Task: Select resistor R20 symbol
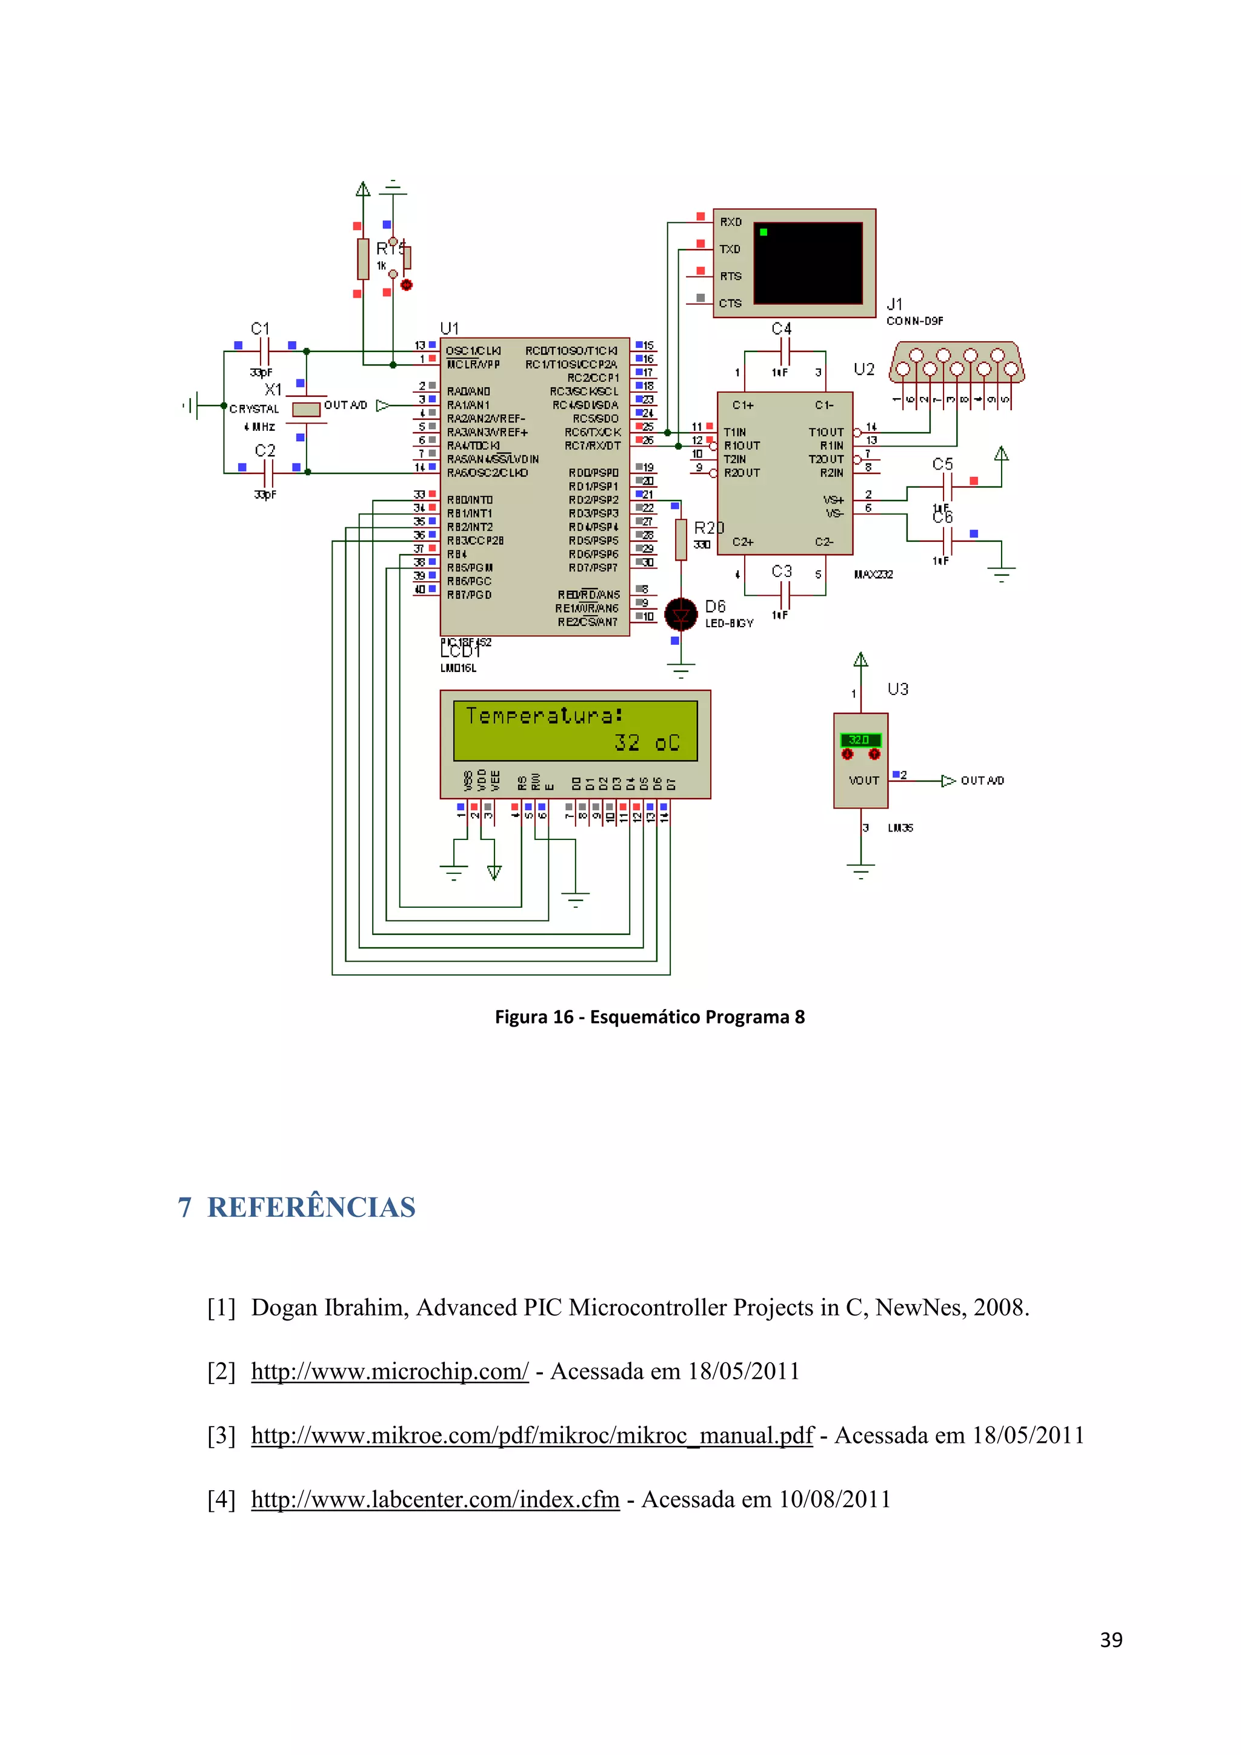click(x=681, y=539)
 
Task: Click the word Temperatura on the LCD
click(x=544, y=716)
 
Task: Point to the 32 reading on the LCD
click(x=627, y=743)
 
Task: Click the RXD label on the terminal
click(x=731, y=222)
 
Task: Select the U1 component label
click(x=450, y=328)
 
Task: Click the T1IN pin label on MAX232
click(x=734, y=433)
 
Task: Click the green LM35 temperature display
click(x=860, y=740)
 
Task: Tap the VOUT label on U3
click(x=863, y=781)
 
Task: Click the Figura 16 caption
click(x=649, y=1017)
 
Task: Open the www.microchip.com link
click(x=389, y=1371)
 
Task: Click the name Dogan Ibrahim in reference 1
click(x=330, y=1307)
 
